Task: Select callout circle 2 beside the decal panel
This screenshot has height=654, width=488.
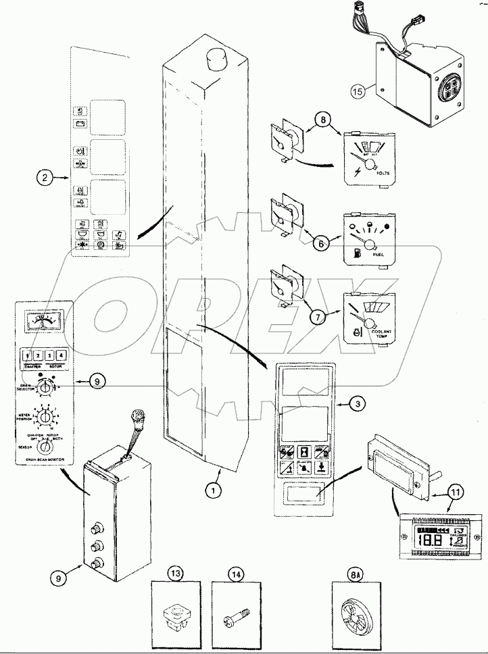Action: [x=45, y=178]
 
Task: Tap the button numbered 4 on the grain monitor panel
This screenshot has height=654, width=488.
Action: [x=62, y=355]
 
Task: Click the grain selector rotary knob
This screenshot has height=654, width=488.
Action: [x=46, y=388]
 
